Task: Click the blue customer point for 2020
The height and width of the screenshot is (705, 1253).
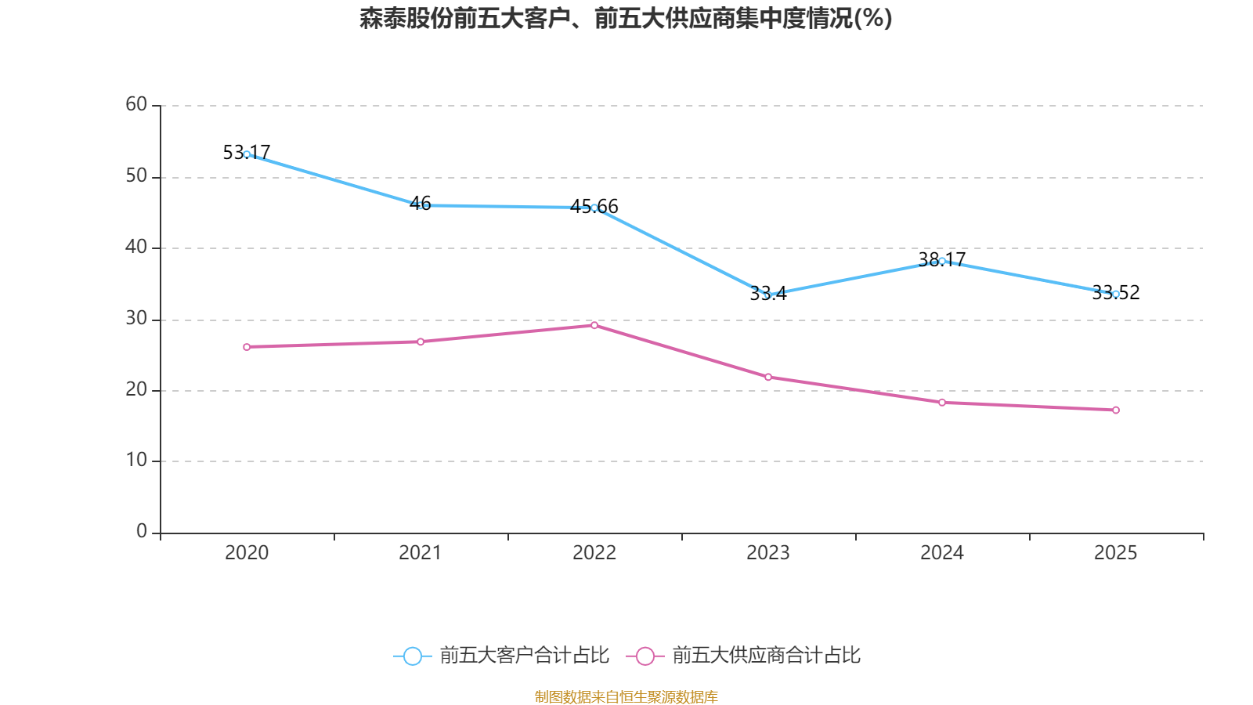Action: [x=247, y=154]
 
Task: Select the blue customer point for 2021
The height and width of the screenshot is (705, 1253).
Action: [x=421, y=205]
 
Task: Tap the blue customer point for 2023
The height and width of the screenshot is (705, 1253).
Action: [x=768, y=295]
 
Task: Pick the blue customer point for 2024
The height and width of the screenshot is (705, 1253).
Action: [x=942, y=261]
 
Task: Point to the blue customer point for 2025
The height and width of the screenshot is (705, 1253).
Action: [x=1116, y=294]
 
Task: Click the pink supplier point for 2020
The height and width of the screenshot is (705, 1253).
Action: [x=247, y=347]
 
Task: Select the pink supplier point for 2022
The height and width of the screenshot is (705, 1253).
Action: [x=594, y=325]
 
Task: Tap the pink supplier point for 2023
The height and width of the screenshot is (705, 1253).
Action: [x=768, y=378]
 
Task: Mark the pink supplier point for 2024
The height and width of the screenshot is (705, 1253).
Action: [x=942, y=403]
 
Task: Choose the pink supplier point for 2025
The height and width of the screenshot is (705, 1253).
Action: [x=1116, y=410]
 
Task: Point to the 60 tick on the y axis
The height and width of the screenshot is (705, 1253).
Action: [x=136, y=104]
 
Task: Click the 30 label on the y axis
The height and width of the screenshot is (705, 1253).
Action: [x=136, y=318]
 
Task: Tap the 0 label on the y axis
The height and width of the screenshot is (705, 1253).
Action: [x=142, y=532]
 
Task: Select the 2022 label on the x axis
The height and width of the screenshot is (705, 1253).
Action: [x=594, y=553]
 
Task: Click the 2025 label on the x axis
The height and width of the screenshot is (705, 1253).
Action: [x=1116, y=553]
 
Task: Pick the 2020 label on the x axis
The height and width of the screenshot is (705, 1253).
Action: [x=247, y=553]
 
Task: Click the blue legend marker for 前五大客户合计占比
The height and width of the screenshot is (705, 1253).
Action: [x=412, y=656]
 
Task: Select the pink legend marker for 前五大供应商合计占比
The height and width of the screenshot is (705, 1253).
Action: [x=645, y=656]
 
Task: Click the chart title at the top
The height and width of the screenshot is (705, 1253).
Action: [x=626, y=18]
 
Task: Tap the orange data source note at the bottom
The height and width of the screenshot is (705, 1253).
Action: [x=626, y=696]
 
